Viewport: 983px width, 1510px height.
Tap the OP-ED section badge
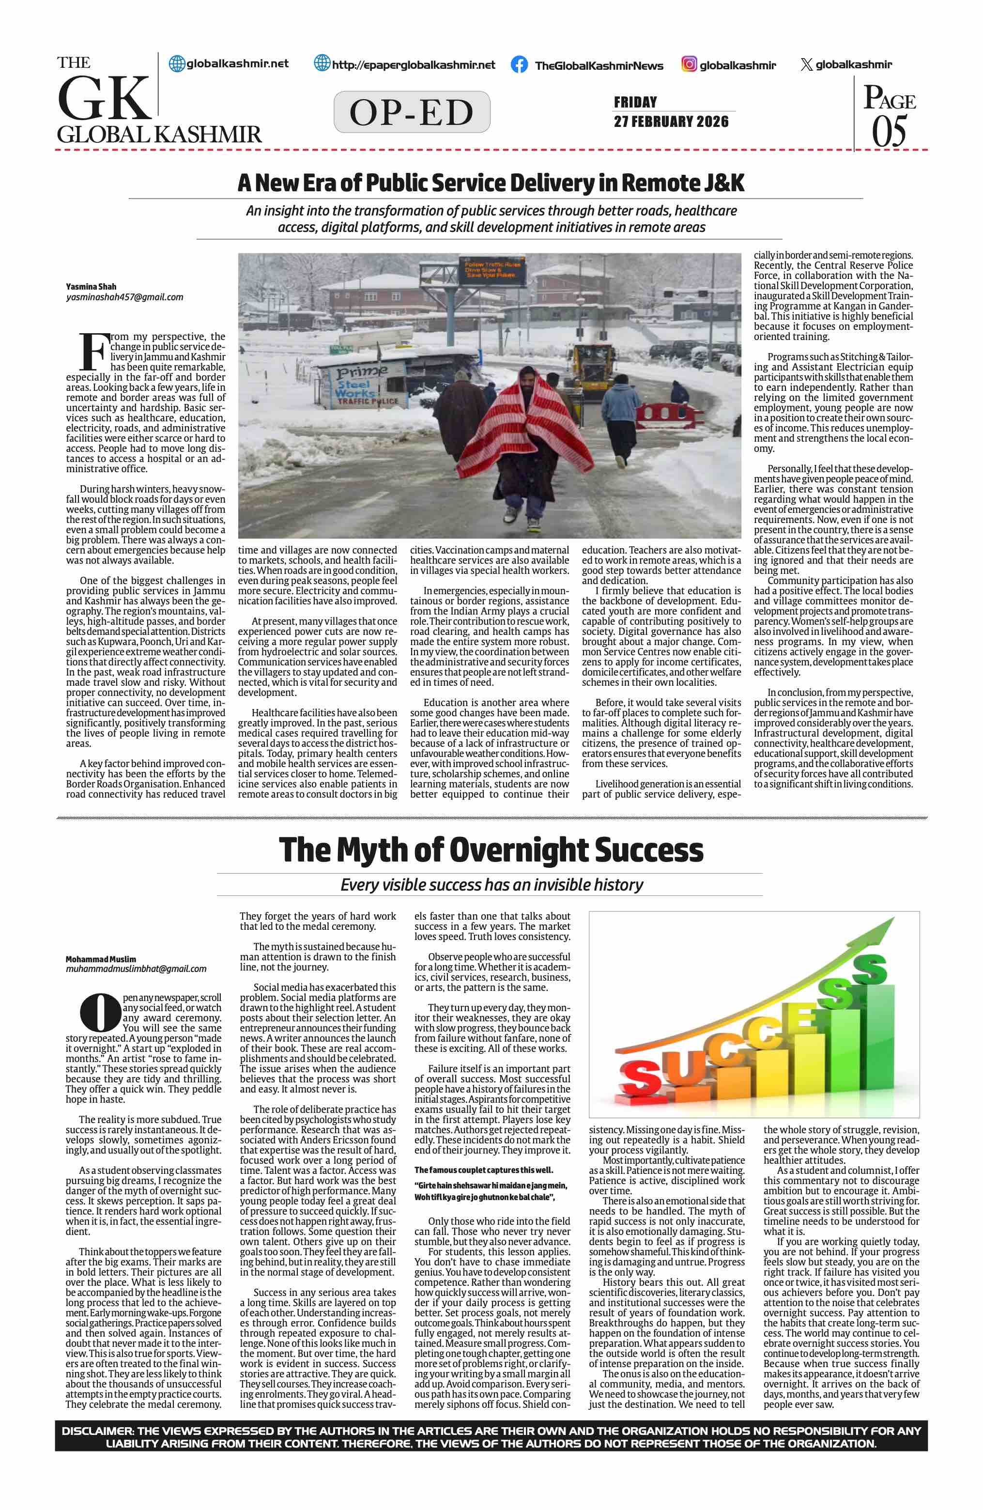pyautogui.click(x=412, y=112)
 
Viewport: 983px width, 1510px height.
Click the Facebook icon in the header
pyautogui.click(x=519, y=65)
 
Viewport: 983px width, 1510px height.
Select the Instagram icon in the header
pyautogui.click(x=689, y=64)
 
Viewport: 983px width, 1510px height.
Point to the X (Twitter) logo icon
pyautogui.click(x=806, y=65)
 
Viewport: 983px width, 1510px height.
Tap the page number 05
pyautogui.click(x=889, y=132)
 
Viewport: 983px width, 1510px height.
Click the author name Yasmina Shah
pyautogui.click(x=92, y=287)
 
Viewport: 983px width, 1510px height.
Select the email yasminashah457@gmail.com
pyautogui.click(x=124, y=297)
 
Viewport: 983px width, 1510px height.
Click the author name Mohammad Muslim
pyautogui.click(x=101, y=959)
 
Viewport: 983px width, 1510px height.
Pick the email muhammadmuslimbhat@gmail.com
pyautogui.click(x=136, y=969)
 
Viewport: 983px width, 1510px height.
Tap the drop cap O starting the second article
pyautogui.click(x=100, y=1013)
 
